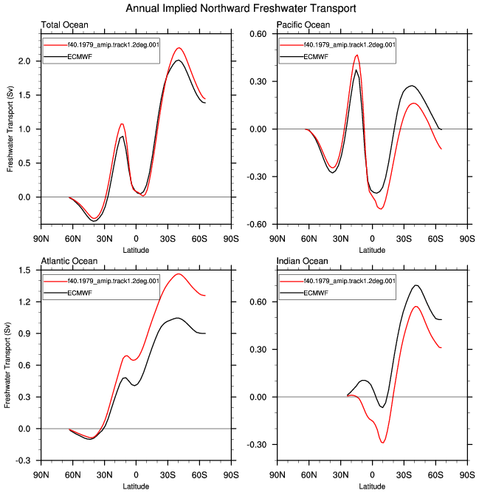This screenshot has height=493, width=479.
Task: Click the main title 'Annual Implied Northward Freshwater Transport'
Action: click(x=241, y=8)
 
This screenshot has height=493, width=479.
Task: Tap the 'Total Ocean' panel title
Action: click(x=65, y=25)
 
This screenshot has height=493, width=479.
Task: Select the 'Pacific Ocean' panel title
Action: click(x=303, y=25)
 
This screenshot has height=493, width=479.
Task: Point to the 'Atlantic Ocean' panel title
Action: click(x=69, y=261)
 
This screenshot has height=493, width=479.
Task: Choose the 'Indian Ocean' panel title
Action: click(x=303, y=261)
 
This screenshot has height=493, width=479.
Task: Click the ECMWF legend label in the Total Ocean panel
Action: click(x=80, y=57)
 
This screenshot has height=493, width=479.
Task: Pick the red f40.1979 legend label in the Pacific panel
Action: click(x=349, y=45)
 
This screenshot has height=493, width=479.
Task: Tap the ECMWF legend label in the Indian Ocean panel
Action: click(x=316, y=293)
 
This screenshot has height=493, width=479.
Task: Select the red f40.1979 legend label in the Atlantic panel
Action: click(x=114, y=281)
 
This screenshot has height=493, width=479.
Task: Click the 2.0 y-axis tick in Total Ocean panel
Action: click(x=24, y=61)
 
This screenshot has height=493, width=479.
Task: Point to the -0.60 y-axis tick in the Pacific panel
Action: click(x=256, y=225)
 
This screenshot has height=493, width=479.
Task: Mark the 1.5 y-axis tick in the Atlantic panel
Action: click(x=24, y=271)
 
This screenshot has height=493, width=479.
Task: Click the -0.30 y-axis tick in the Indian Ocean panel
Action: click(x=256, y=445)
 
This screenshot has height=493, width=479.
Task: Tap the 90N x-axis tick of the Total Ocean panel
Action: click(x=41, y=239)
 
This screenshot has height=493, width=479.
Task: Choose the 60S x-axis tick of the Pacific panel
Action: click(x=435, y=239)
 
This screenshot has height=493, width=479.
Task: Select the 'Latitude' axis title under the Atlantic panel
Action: click(x=136, y=486)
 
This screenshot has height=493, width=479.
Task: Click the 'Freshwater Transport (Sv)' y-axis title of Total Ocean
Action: click(x=10, y=129)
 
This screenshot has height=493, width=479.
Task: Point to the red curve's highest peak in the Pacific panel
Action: click(x=357, y=55)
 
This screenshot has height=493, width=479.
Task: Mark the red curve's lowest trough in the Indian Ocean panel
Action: click(x=382, y=443)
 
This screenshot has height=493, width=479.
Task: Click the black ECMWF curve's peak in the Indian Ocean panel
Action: click(x=416, y=285)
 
